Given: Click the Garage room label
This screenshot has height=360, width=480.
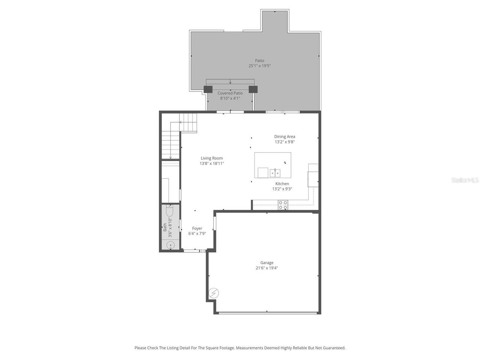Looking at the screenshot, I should [x=267, y=262].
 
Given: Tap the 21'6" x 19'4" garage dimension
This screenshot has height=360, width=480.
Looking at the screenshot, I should [x=267, y=268].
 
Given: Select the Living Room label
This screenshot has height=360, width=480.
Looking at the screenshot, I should [x=211, y=158].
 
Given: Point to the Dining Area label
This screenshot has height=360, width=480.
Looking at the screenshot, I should [x=285, y=136].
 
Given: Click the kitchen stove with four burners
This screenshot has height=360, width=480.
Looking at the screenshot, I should [x=283, y=205].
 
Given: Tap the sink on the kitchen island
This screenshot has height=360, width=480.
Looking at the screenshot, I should [x=275, y=173].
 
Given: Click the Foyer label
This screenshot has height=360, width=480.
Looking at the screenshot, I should [x=197, y=228].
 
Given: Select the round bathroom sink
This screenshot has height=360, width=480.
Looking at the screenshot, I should [x=170, y=246].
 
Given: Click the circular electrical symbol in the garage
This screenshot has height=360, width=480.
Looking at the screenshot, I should [x=214, y=293].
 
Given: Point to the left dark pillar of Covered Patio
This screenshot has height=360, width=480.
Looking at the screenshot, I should [x=208, y=89].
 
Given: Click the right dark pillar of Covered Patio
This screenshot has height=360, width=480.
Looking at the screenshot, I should [x=253, y=89].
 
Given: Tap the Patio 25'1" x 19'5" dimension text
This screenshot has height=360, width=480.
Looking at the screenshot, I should [x=259, y=66].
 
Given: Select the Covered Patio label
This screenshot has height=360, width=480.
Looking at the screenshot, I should [x=230, y=93].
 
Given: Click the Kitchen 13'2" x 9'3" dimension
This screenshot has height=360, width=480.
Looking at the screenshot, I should [x=282, y=189].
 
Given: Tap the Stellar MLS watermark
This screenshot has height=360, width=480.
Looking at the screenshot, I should [x=465, y=180].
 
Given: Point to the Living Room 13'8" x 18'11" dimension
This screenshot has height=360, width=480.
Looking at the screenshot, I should [x=211, y=163].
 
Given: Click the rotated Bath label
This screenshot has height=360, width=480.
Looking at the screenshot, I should [x=165, y=227].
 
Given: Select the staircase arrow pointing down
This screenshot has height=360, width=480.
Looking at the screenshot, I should [x=171, y=157].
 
